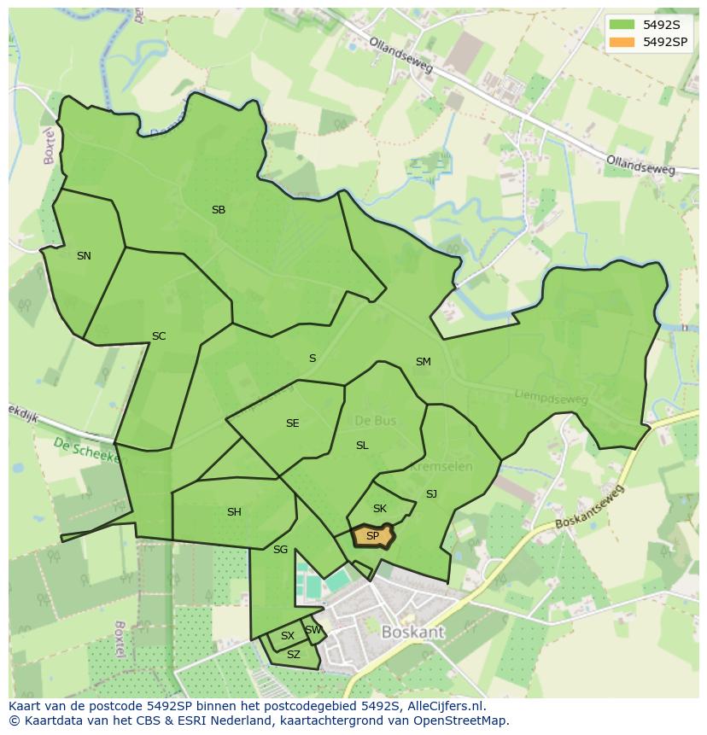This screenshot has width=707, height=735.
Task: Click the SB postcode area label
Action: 219,210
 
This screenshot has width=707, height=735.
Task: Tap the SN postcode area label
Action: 84,256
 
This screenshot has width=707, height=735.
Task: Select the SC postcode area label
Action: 159,336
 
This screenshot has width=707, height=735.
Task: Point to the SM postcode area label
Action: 423,362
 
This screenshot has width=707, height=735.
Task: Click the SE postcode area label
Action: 293,423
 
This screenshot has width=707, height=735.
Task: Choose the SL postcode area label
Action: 362,446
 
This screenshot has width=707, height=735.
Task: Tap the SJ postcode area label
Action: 431,494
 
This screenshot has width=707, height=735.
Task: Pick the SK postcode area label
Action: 380,509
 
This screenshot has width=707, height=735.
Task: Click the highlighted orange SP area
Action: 373,536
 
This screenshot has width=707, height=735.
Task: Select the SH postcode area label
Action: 234,512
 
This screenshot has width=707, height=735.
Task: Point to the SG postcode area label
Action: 280,550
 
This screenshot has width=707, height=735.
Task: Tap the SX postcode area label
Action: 288,636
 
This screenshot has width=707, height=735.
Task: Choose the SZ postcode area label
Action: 294,655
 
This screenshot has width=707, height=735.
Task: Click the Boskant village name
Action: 413,633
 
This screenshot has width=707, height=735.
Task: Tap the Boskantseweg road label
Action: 589,507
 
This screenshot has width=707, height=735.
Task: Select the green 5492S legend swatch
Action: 621,25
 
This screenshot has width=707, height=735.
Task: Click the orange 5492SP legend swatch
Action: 621,42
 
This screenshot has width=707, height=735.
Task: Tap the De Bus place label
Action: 373,421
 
